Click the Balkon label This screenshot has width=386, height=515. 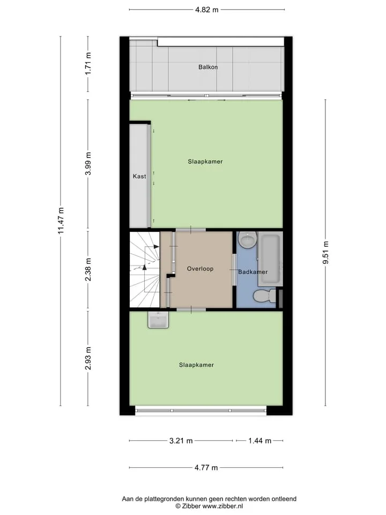[x=208, y=67]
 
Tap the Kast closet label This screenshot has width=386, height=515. [x=139, y=176]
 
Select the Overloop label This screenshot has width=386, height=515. [x=200, y=269]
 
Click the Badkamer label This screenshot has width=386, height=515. [x=253, y=272]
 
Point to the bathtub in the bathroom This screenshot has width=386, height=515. [x=270, y=259]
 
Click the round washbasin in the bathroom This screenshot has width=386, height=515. [x=247, y=240]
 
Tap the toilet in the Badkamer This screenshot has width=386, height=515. [x=264, y=296]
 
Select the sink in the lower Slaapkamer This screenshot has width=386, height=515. [x=158, y=320]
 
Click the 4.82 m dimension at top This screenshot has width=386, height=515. [x=207, y=10]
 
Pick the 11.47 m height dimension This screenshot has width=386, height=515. [x=61, y=220]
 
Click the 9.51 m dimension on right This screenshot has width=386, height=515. [x=325, y=252]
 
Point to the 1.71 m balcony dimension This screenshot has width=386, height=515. [x=88, y=63]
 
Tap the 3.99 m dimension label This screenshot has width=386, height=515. [x=88, y=164]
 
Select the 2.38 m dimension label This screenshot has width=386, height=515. [x=88, y=270]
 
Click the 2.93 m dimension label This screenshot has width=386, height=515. [x=88, y=358]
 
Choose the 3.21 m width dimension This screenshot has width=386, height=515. [x=181, y=441]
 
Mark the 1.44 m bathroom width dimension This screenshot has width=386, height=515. [x=259, y=441]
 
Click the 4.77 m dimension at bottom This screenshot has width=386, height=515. [x=206, y=468]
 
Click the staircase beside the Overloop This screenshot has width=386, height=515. [x=145, y=270]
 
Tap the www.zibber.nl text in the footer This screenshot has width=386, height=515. [x=222, y=506]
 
